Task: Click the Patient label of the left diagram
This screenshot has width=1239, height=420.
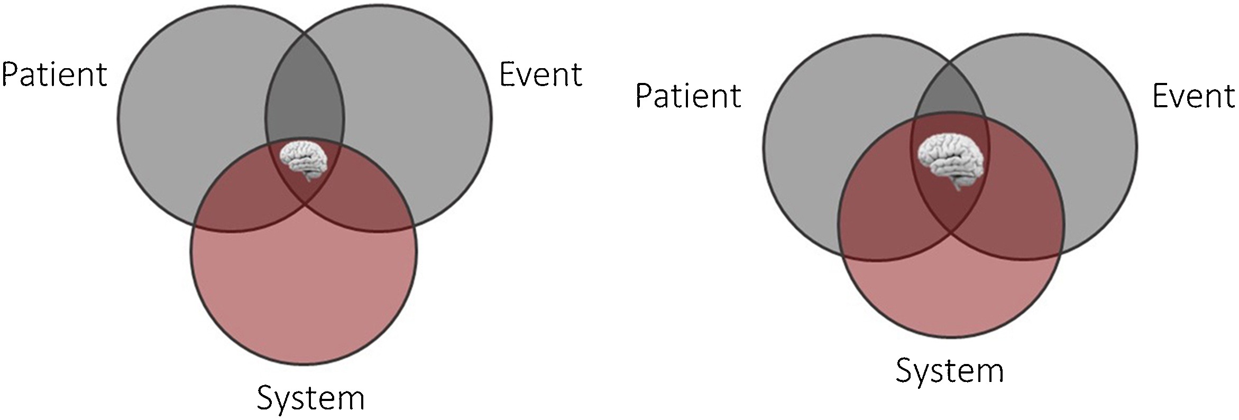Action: coord(54,74)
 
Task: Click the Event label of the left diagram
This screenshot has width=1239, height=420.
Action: coord(540,74)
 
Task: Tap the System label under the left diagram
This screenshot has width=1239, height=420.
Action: coord(310,397)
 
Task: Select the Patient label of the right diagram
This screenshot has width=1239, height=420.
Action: coord(688,96)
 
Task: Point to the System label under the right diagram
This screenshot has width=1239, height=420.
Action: coord(949,370)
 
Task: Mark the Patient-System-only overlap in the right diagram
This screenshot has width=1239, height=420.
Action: coord(878,211)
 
